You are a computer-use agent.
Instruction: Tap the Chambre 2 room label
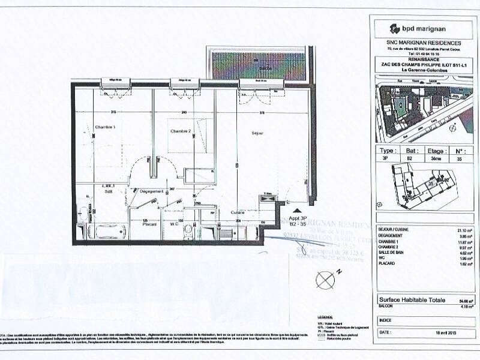tap(180, 131)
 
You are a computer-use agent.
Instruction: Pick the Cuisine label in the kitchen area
tap(236, 212)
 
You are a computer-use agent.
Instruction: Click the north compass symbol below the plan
tap(325, 279)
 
